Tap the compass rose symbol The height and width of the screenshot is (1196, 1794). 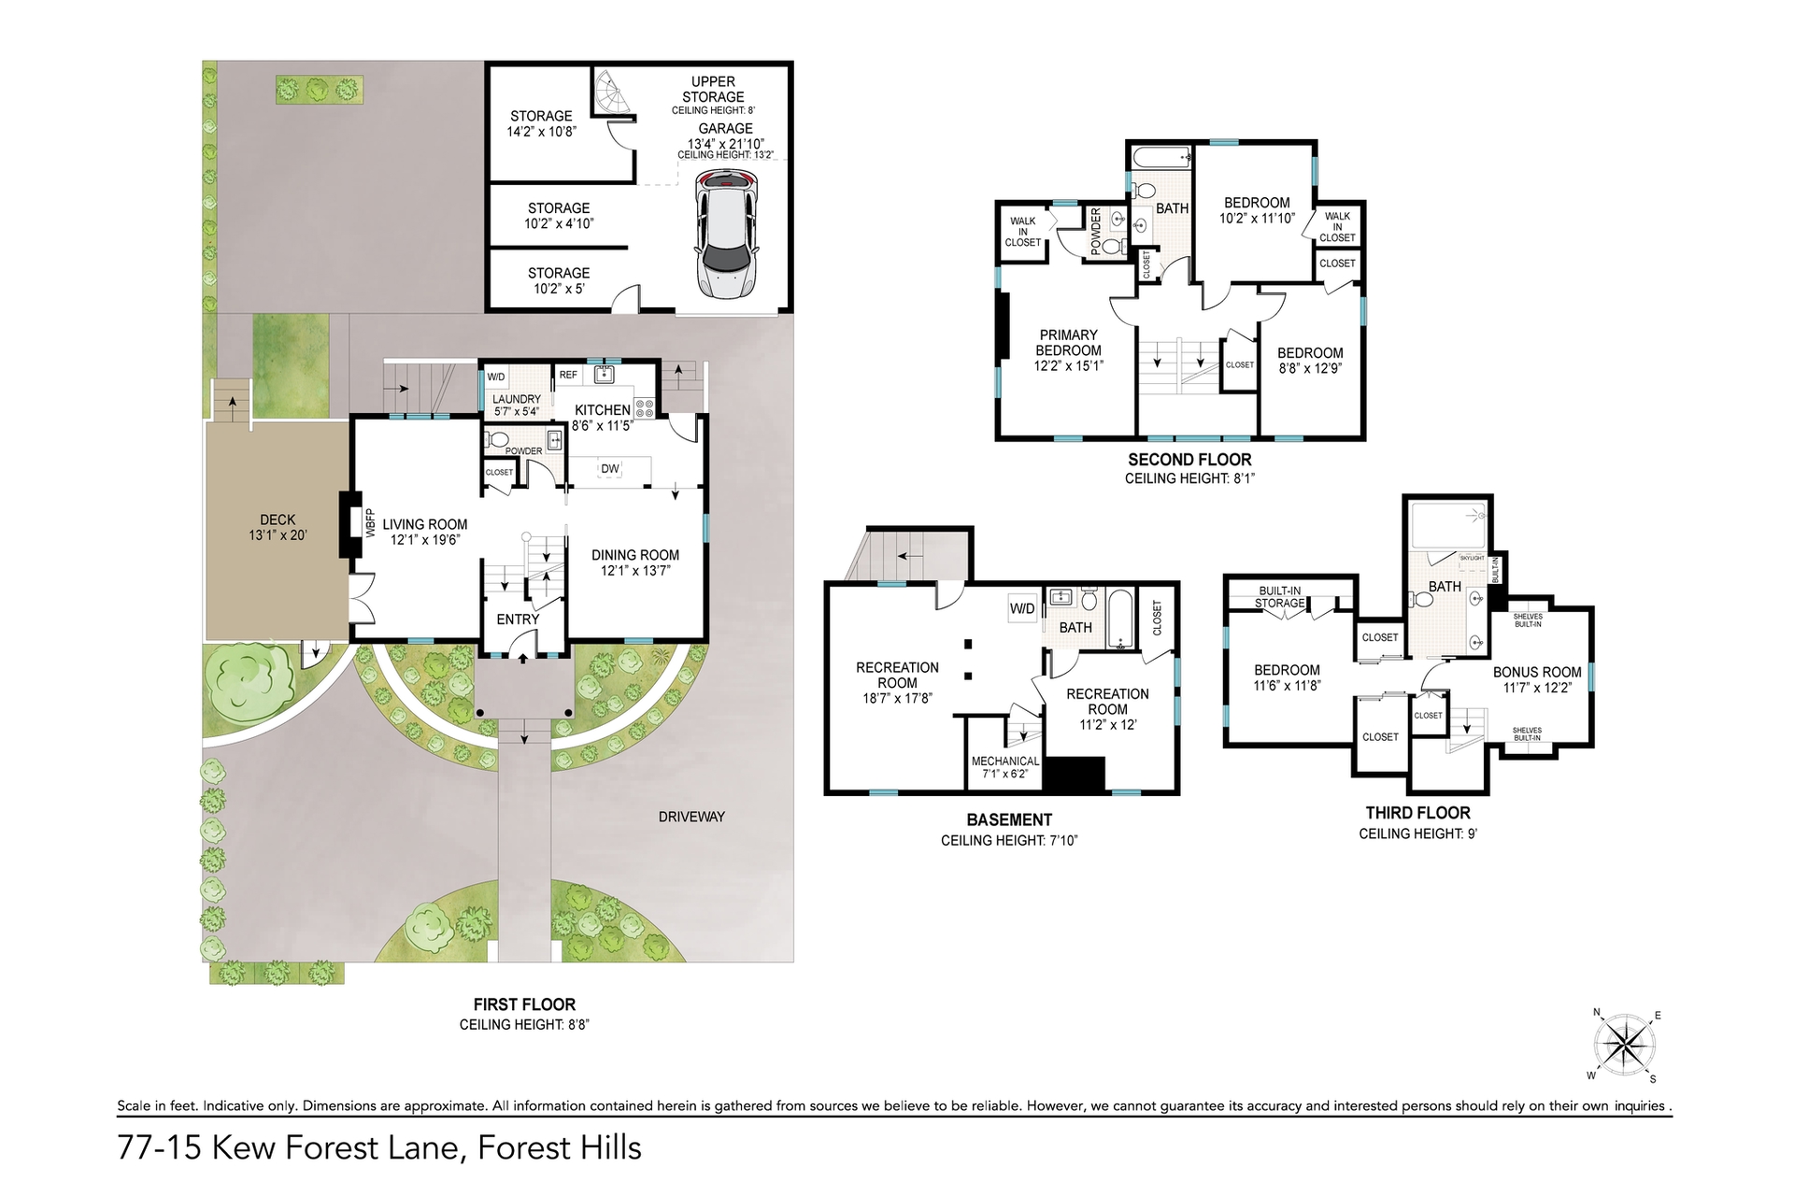pos(1627,1044)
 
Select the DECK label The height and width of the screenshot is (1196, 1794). pos(278,520)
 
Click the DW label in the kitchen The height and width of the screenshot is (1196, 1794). pos(609,468)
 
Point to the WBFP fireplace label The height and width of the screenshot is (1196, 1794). pos(369,522)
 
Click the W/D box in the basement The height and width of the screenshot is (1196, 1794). pos(1022,608)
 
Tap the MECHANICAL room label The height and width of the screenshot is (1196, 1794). pos(1005,761)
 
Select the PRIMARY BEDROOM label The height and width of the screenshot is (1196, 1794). pos(1069,343)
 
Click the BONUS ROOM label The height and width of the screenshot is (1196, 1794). pos(1537,672)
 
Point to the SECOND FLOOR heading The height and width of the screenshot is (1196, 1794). pos(1189,459)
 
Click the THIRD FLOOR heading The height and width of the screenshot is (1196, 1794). pos(1417,813)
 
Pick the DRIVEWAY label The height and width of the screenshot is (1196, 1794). pos(691,817)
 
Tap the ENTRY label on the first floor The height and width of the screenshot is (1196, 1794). pos(518,619)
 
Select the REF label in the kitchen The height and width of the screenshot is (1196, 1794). pos(568,375)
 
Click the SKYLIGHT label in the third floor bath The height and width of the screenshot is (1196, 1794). pos(1472,558)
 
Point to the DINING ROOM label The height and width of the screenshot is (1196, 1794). pos(635,555)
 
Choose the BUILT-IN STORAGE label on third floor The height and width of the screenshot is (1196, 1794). pos(1280,597)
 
